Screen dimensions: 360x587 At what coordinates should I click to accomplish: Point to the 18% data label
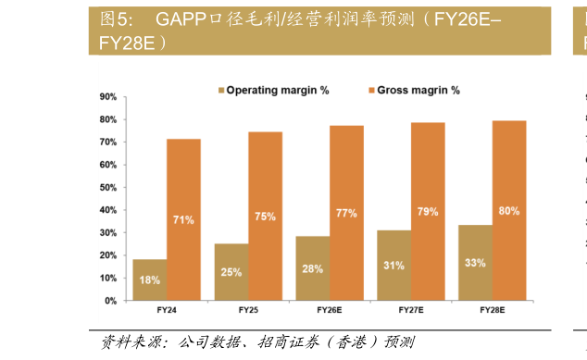click(150, 279)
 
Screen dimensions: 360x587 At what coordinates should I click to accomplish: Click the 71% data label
click(183, 219)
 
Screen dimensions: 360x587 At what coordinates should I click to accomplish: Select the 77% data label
click(346, 214)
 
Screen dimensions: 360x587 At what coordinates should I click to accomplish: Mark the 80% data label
click(509, 211)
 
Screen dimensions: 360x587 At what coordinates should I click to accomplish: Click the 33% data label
click(475, 263)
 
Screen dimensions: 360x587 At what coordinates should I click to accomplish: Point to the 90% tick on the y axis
click(107, 97)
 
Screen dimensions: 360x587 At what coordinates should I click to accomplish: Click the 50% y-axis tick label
click(107, 188)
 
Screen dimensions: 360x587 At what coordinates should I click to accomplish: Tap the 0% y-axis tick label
click(110, 301)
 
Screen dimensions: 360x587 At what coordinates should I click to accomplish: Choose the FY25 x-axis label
click(248, 311)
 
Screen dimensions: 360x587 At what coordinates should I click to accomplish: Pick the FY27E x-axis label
click(411, 311)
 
